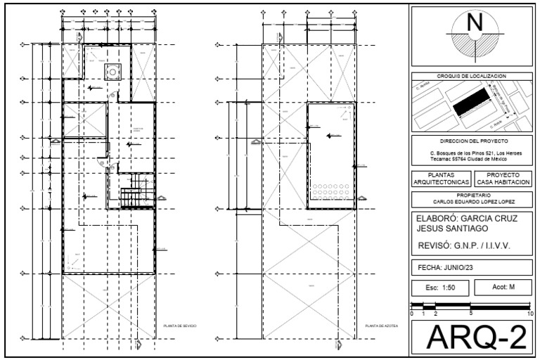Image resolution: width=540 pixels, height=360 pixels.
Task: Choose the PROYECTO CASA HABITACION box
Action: click(x=502, y=178)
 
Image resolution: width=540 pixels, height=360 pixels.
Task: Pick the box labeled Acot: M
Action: click(x=502, y=288)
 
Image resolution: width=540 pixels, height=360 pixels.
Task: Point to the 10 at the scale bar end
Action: click(x=529, y=314)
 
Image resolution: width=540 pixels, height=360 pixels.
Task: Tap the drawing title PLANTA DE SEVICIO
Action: click(x=179, y=327)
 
